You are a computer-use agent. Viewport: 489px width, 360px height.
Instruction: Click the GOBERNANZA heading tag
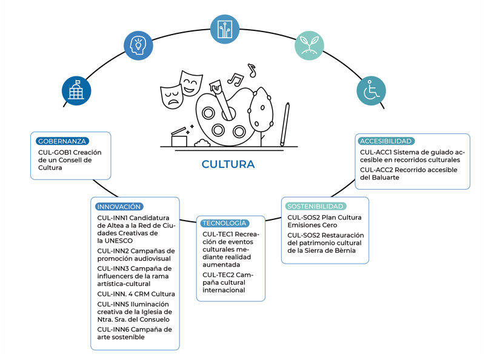pos(62,141)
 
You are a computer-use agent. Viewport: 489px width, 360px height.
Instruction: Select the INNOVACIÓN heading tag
pos(119,207)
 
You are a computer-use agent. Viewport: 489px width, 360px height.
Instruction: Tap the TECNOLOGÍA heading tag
pos(224,223)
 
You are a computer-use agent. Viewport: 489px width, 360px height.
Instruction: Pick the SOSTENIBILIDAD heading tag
pos(316,206)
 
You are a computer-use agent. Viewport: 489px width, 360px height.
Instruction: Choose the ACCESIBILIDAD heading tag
pos(387,141)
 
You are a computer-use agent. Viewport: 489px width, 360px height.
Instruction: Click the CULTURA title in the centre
pos(228,164)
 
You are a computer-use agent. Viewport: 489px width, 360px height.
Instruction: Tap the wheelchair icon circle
pos(371,91)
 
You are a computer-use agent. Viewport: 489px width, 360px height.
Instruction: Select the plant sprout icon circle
pos(309,45)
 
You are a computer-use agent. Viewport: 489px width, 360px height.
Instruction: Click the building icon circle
pos(76,91)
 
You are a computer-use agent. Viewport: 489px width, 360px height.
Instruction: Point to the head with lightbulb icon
pos(138,45)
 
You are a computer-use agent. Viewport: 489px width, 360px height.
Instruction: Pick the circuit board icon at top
pos(225,28)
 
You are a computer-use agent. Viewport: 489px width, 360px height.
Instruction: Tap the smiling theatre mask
pos(190,81)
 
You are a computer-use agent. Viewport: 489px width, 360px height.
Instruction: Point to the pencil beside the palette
pos(285,124)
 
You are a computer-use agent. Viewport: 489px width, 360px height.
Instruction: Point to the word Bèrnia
pos(343,250)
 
